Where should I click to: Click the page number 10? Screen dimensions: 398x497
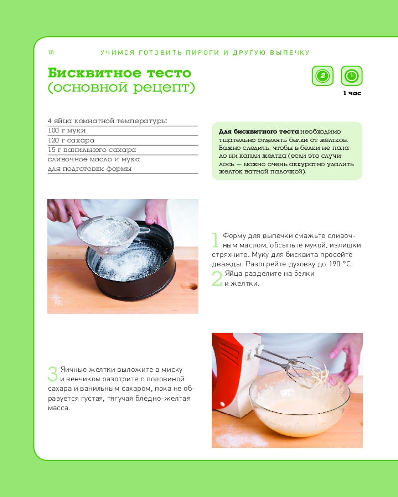tap(51, 52)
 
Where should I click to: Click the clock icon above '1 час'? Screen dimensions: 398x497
tap(351, 76)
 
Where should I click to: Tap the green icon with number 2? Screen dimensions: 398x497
tap(322, 76)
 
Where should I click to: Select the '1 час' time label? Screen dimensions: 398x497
tap(352, 93)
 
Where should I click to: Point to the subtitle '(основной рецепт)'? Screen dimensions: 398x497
tap(121, 87)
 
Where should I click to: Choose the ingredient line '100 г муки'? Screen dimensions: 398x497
tap(67, 130)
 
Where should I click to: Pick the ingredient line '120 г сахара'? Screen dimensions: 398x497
tap(71, 140)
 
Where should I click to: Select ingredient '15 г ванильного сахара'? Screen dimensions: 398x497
tap(92, 150)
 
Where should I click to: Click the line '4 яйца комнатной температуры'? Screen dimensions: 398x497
tap(107, 121)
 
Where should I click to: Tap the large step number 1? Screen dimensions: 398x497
tap(215, 240)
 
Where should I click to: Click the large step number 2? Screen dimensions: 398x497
tap(217, 279)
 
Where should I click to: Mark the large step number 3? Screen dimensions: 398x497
tap(53, 374)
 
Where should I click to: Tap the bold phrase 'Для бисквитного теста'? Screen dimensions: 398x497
tap(259, 132)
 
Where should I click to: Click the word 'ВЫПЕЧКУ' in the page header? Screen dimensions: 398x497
tap(290, 53)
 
